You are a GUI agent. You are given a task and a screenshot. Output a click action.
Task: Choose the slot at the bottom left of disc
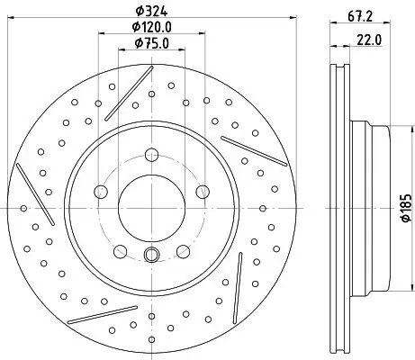[x=94, y=320]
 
